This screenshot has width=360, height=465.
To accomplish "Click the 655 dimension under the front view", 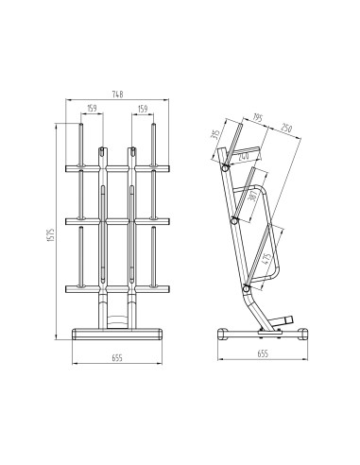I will point(115,359).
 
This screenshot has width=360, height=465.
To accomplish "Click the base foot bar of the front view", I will point(116,332).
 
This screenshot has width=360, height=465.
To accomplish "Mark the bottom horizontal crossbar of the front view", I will point(115,286).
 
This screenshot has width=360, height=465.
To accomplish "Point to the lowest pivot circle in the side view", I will point(246,287).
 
